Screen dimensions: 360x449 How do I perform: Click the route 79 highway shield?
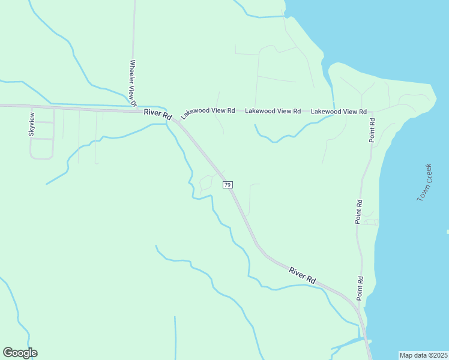coord(228,185)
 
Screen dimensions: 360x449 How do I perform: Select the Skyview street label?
coord(32,124)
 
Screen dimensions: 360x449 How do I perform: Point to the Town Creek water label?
coord(424,182)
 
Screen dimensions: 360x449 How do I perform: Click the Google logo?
coord(20,353)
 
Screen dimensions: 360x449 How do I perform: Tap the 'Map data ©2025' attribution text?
coord(423,355)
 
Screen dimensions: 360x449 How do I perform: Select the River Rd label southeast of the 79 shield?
coord(303,275)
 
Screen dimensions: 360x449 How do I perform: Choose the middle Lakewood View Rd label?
coord(273,111)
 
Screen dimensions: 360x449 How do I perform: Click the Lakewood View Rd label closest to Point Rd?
coord(339,112)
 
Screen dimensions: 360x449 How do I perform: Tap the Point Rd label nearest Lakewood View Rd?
coord(372,130)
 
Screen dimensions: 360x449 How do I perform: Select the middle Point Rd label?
coord(359,212)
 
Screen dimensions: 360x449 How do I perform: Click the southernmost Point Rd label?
coord(360,288)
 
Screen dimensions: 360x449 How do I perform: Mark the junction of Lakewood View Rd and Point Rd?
coord(372,112)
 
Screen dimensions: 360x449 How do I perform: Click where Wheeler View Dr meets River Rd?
coord(134,109)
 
